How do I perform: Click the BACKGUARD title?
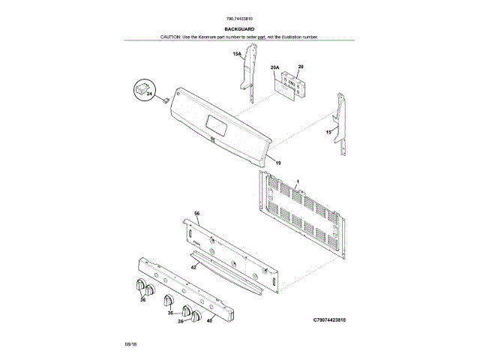click(x=239, y=29)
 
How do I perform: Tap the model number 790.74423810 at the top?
click(x=239, y=18)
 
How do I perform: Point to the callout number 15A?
click(x=236, y=54)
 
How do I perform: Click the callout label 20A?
click(x=274, y=67)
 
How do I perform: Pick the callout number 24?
click(x=148, y=94)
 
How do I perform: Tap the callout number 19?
click(x=277, y=163)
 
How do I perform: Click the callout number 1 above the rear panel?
click(x=297, y=182)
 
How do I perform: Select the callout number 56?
click(x=197, y=214)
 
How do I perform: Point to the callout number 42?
click(x=193, y=266)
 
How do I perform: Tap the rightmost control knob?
click(x=196, y=316)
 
